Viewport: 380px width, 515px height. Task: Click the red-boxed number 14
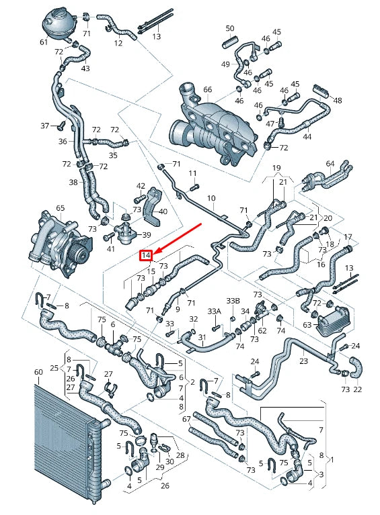146,255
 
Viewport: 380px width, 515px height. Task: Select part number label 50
230,28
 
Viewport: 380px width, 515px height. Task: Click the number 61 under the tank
44,42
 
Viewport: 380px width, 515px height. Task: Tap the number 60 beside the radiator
38,371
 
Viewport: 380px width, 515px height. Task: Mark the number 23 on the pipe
303,361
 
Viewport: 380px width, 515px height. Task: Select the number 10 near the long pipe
211,198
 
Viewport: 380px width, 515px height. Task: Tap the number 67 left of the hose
186,420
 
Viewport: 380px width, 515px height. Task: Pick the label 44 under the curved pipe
307,136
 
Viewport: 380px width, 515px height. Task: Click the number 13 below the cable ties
157,37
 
